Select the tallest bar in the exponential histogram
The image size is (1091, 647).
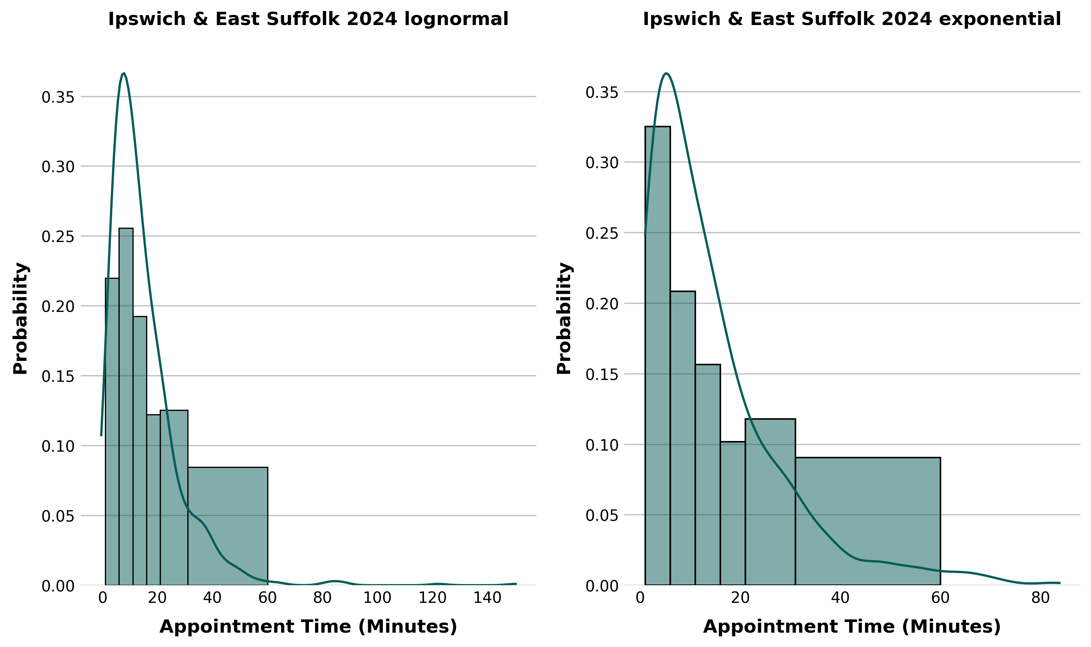pos(657,355)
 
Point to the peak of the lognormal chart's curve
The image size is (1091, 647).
pos(124,73)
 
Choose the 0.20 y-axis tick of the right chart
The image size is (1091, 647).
pos(601,304)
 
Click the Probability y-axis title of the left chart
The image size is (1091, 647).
pos(21,318)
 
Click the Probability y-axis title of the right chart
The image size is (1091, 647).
pos(564,318)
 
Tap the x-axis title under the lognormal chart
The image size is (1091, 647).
pos(308,627)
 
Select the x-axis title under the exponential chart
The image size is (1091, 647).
pos(851,627)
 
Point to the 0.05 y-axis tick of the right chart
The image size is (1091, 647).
pos(601,516)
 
